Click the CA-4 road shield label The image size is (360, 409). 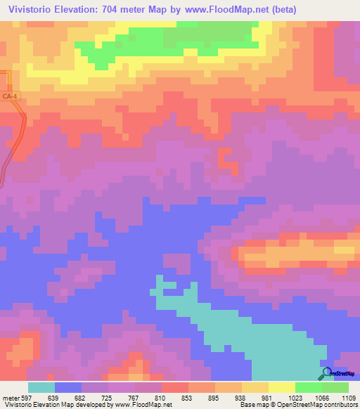point(9,96)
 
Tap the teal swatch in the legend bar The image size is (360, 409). point(41,387)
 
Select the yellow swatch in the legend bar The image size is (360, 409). point(281,387)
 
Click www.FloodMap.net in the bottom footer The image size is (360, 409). point(136,405)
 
